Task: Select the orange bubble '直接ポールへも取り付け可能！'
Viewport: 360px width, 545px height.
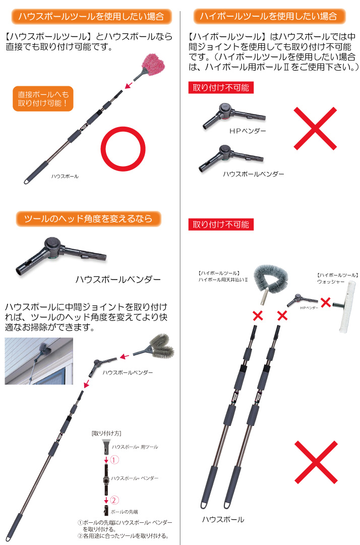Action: [43, 99]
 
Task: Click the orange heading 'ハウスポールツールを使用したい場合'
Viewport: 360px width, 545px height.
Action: [91, 16]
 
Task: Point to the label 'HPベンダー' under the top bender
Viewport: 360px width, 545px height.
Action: [248, 131]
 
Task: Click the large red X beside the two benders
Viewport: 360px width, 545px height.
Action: [315, 129]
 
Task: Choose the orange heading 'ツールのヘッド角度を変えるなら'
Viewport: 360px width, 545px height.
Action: [89, 219]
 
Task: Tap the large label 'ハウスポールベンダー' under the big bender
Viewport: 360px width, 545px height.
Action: [118, 280]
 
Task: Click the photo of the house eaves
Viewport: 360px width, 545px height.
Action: [39, 361]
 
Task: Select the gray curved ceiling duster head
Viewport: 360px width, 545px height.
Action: [271, 279]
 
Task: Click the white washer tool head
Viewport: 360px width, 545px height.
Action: [347, 307]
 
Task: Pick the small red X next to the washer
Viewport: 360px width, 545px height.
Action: [326, 302]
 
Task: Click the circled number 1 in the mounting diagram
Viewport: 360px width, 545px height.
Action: [114, 460]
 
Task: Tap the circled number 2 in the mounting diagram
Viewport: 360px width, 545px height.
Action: [114, 500]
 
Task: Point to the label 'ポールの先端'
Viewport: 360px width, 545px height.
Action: [124, 512]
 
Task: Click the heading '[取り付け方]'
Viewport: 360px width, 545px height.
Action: [106, 433]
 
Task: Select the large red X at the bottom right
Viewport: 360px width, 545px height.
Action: [316, 462]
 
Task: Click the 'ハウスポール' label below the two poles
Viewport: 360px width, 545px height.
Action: [223, 519]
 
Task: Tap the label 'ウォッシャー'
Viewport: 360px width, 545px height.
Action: [331, 282]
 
